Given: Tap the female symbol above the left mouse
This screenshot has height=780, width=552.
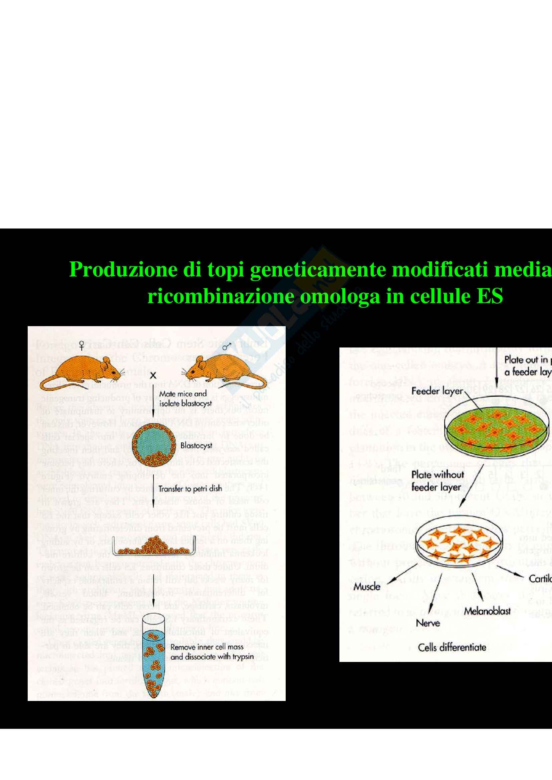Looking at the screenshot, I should (81, 346).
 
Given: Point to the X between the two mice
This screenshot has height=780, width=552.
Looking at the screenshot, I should (153, 376).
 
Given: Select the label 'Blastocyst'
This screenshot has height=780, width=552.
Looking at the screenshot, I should (196, 445).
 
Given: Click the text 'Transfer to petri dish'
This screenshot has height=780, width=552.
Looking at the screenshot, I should (190, 489).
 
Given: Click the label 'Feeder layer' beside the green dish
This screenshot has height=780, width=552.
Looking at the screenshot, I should (437, 391).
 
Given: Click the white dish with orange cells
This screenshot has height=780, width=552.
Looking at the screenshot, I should (459, 544).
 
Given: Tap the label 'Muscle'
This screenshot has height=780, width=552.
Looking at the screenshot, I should (367, 587).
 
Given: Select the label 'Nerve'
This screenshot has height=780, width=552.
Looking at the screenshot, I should (428, 623).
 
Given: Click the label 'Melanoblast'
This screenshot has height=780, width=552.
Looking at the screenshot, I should (487, 611).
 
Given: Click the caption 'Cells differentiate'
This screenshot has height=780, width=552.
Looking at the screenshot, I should (452, 648).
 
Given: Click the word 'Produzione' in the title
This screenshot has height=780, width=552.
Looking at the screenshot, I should (123, 270).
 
